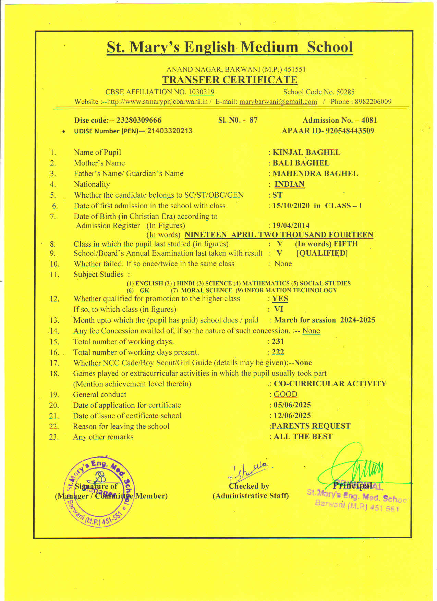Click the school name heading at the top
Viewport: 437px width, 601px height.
pos(230,47)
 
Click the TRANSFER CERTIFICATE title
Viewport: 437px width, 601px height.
pos(230,80)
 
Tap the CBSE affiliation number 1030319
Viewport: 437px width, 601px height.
pos(201,92)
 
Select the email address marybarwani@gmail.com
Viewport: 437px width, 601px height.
pos(278,102)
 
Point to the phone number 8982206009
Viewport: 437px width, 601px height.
pos(373,102)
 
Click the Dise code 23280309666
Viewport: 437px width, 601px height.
pos(139,120)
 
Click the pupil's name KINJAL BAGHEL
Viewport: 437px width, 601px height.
pos(306,152)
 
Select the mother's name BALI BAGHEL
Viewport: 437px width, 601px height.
pos(301,163)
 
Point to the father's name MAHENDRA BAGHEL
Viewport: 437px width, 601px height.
pos(315,174)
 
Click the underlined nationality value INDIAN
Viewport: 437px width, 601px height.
pos(289,184)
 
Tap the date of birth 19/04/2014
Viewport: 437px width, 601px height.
pos(291,225)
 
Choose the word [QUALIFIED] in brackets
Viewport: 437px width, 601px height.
pos(322,253)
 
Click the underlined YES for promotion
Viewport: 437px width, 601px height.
pos(280,299)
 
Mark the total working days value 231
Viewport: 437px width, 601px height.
pos(278,342)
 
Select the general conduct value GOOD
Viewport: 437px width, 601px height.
pos(285,394)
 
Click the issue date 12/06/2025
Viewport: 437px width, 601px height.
pos(292,416)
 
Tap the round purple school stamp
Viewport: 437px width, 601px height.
pos(99,491)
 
